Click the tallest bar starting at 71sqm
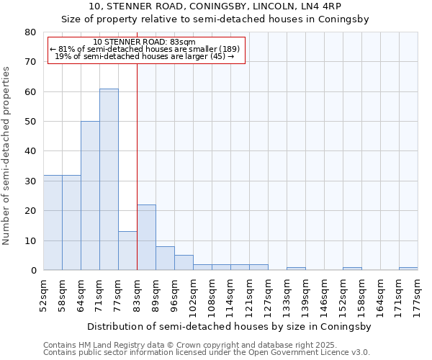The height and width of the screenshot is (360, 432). (x=109, y=180)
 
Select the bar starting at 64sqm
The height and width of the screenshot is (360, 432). (x=90, y=196)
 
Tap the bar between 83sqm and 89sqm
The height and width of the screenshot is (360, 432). (x=146, y=238)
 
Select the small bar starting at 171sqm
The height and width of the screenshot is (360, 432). (x=408, y=269)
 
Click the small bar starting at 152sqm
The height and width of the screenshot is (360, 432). (x=352, y=269)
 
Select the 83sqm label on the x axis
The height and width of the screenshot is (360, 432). (x=137, y=293)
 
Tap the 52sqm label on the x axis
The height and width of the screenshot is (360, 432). (x=43, y=293)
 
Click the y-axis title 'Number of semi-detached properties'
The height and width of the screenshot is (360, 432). (x=7, y=156)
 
